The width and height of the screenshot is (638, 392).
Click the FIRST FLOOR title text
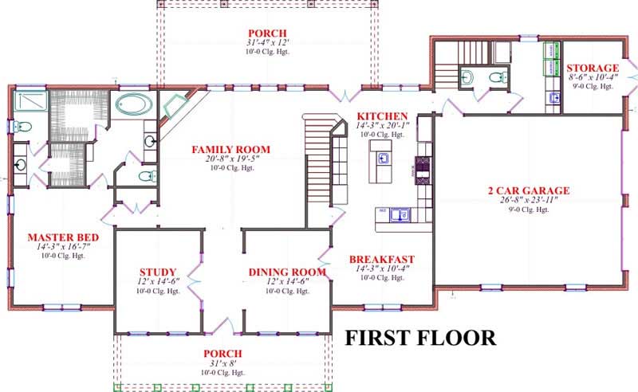click(419, 337)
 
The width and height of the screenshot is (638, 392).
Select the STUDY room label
click(157, 272)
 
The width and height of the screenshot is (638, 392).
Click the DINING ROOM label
click(287, 272)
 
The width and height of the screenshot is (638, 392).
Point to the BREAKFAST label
click(382, 259)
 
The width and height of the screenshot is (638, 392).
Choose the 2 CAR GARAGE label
click(529, 190)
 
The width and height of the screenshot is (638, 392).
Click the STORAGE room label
click(593, 68)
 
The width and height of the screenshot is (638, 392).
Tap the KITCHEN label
click(382, 116)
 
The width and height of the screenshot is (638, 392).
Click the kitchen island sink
click(384, 158)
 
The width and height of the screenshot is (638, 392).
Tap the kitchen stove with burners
click(421, 167)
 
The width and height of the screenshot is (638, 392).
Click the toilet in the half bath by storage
click(498, 77)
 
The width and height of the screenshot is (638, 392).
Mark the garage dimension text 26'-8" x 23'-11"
click(529, 200)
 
